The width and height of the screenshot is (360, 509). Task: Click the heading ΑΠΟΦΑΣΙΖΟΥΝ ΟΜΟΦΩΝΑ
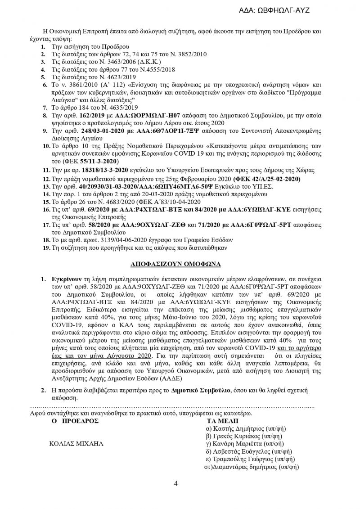178,262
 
